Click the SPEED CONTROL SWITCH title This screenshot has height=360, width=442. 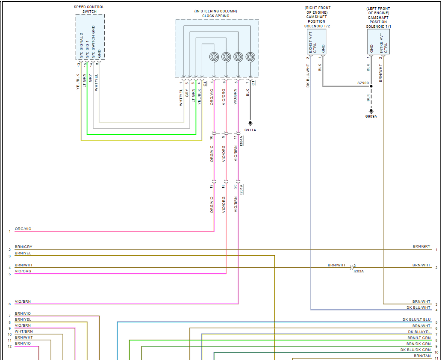click(x=89, y=9)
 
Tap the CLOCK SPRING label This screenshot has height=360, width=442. click(x=216, y=16)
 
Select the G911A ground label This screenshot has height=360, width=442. click(x=250, y=130)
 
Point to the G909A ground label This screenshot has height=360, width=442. click(x=371, y=116)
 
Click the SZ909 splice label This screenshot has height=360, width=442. click(x=363, y=83)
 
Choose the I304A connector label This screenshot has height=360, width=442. click(x=242, y=141)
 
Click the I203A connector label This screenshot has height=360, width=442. click(x=359, y=271)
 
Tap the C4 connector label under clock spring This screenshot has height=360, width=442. click(x=205, y=83)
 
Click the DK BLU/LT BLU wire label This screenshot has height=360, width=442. click(x=416, y=319)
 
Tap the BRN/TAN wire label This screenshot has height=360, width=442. click(x=422, y=356)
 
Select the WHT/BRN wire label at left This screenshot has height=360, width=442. click(x=24, y=331)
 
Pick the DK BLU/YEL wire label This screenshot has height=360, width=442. click(x=419, y=332)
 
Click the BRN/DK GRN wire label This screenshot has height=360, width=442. click(x=418, y=344)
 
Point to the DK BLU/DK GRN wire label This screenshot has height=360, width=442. click(x=415, y=350)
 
